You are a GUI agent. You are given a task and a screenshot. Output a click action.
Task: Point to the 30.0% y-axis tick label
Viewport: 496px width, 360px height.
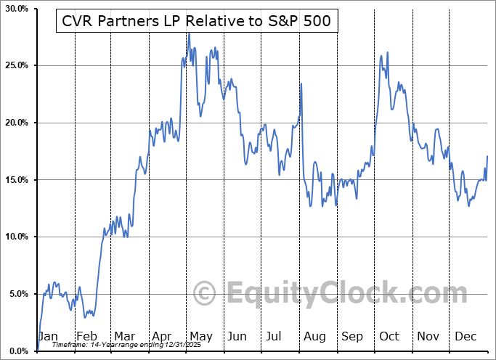16,9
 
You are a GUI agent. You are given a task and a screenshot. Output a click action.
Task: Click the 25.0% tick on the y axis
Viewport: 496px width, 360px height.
16,66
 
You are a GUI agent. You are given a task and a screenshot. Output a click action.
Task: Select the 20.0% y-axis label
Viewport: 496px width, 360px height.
16,123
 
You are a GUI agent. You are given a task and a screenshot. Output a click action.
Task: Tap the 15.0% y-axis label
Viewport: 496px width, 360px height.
16,180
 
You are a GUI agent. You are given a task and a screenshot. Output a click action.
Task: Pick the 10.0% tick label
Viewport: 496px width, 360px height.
16,237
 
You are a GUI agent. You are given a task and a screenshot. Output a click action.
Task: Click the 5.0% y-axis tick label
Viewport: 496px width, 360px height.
17,294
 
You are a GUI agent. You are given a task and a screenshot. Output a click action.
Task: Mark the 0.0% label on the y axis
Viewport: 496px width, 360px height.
17,351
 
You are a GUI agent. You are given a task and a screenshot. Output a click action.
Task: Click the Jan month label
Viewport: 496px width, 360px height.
47,336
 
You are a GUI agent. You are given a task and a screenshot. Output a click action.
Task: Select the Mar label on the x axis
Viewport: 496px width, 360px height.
123,336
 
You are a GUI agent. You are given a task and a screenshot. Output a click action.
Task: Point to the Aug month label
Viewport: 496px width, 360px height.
315,336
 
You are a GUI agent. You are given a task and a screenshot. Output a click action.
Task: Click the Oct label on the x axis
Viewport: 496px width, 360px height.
390,336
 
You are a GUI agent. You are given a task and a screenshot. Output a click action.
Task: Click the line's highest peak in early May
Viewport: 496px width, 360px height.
189,33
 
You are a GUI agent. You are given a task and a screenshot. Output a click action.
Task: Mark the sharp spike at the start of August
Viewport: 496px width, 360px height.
301,84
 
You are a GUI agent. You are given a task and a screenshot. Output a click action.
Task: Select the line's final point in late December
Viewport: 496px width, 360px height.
487,157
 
